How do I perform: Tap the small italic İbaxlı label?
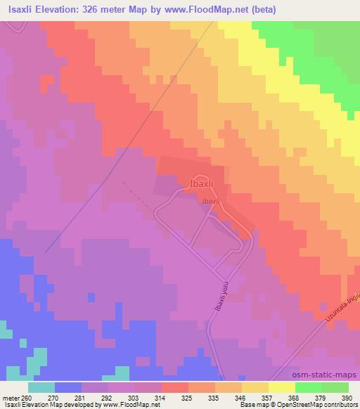click(x=212, y=201)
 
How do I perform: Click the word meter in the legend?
click(x=9, y=398)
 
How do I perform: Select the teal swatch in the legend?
click(x=41, y=388)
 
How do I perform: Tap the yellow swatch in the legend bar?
click(x=281, y=388)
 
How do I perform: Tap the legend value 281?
click(x=70, y=398)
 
